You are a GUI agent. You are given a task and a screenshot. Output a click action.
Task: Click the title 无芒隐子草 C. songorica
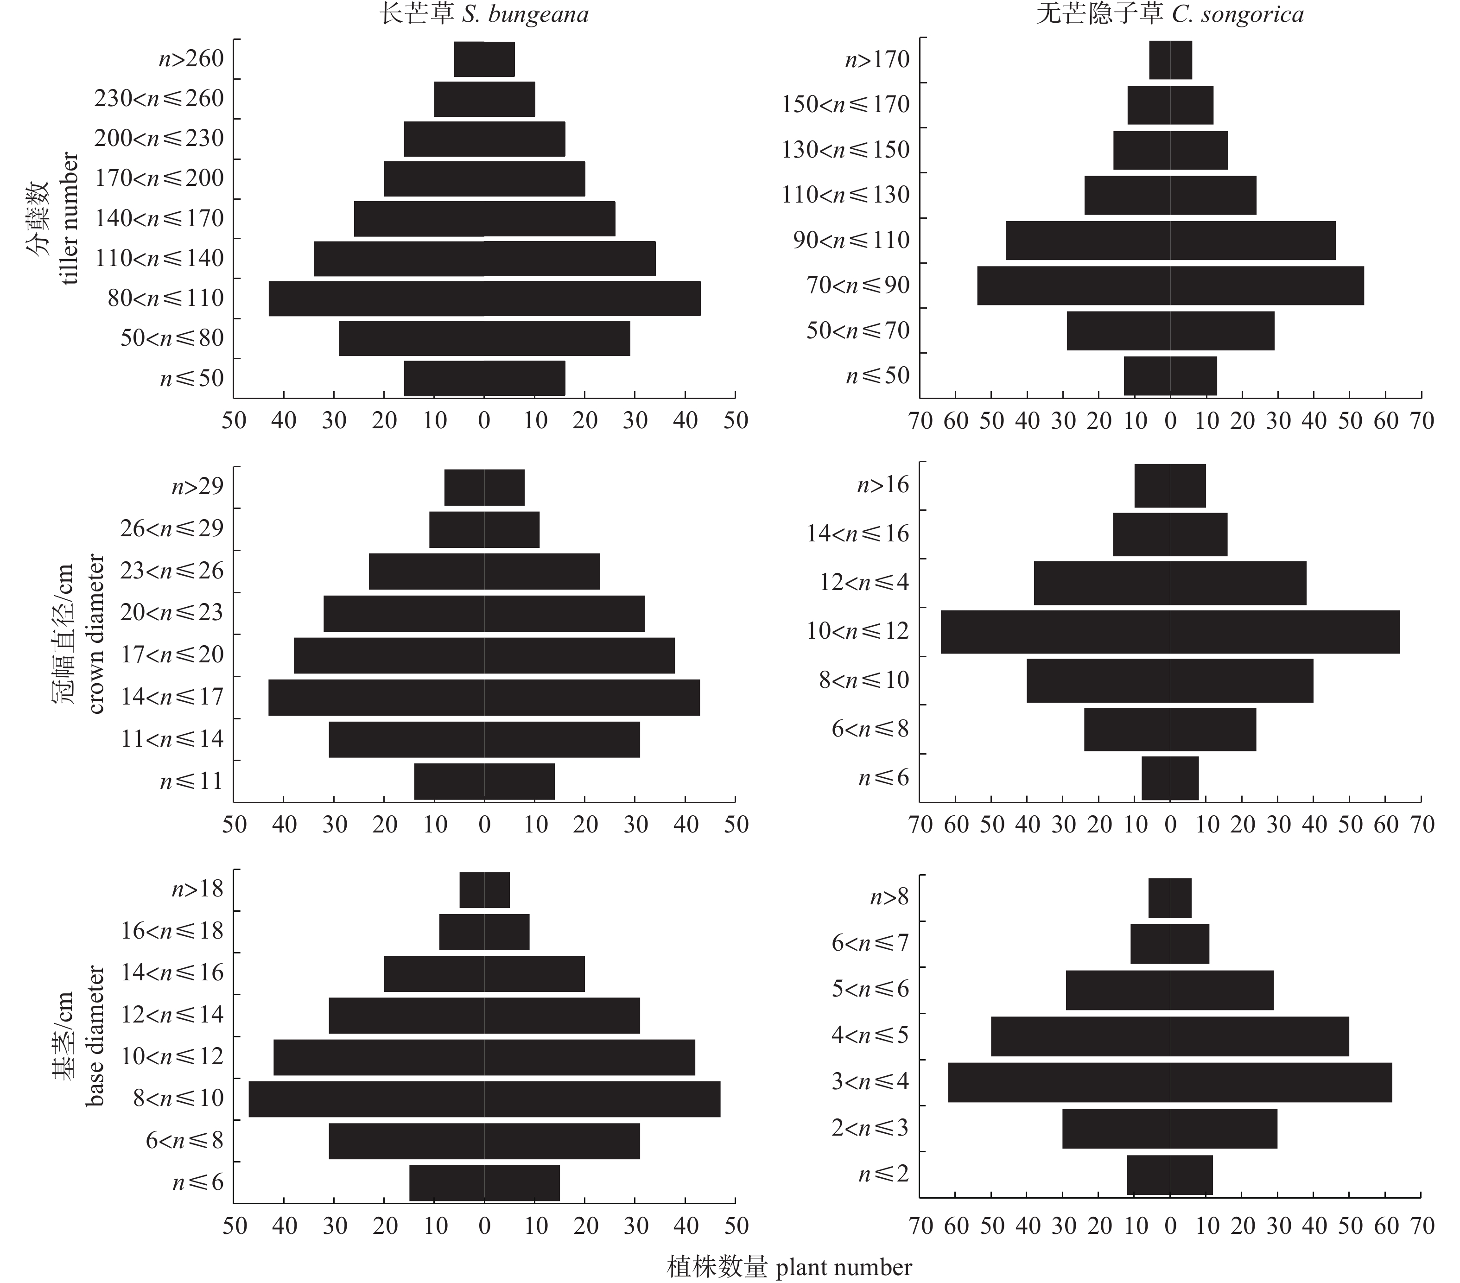tap(1169, 14)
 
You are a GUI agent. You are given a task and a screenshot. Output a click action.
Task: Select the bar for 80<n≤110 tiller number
tap(484, 299)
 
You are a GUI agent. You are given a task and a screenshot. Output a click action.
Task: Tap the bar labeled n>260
tap(484, 59)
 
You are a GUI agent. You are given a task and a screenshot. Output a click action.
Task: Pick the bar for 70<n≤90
tap(1170, 286)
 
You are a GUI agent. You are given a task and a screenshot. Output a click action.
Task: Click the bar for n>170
tap(1170, 60)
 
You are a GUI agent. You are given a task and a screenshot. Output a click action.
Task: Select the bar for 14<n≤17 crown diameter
tap(484, 697)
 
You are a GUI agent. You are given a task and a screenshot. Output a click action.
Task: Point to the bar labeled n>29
tap(484, 487)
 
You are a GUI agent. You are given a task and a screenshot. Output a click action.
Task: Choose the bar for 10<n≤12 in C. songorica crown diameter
tap(1170, 631)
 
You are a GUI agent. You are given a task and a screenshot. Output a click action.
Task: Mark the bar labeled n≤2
tap(1170, 1175)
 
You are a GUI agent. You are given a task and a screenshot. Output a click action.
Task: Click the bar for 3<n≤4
tap(1170, 1082)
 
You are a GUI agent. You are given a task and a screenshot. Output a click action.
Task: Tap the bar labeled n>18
tap(484, 890)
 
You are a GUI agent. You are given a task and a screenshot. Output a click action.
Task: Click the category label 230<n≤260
tap(159, 99)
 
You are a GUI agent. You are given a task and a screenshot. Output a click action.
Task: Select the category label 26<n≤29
tap(171, 528)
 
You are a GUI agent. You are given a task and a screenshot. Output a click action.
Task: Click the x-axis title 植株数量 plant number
tap(788, 1267)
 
